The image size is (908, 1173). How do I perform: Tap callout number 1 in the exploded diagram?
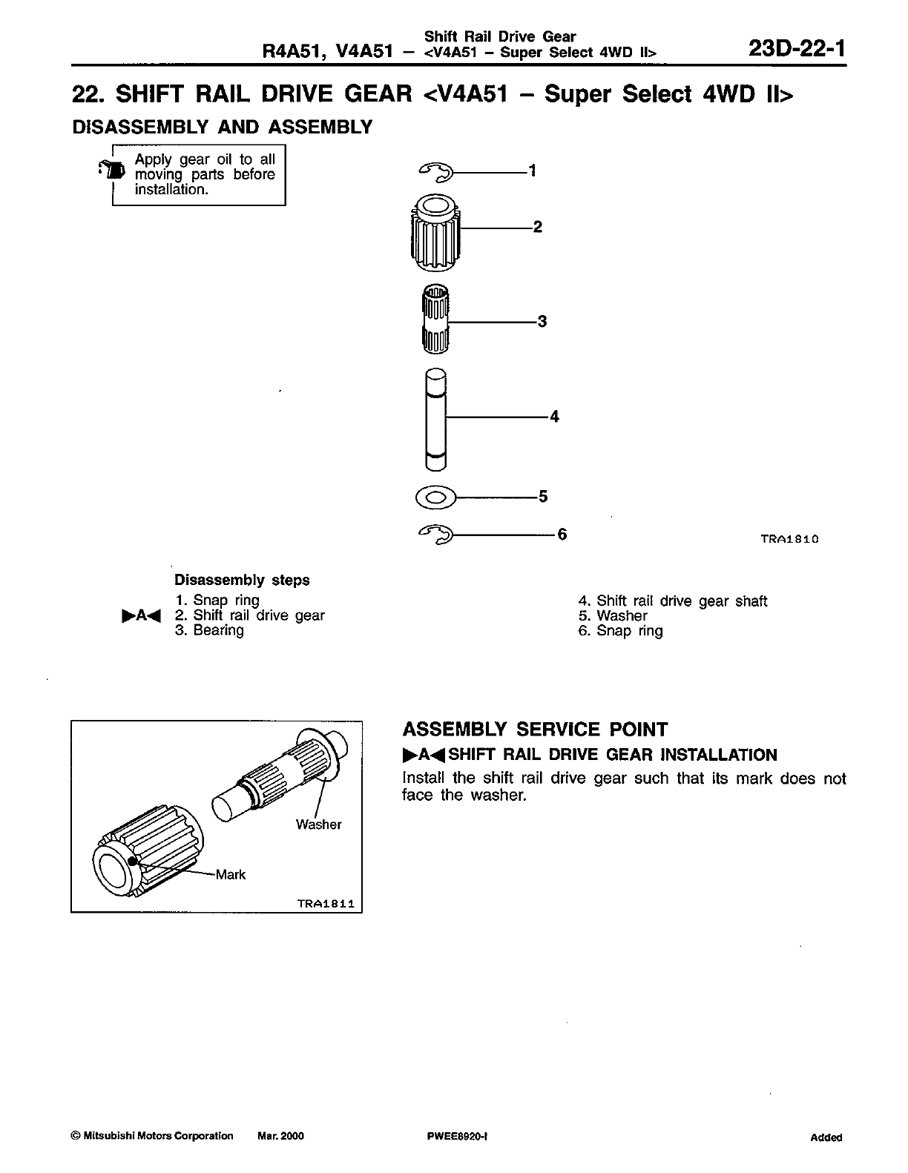tap(532, 171)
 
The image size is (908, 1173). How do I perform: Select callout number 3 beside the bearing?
tap(542, 321)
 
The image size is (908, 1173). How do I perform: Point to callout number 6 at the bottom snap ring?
tap(562, 534)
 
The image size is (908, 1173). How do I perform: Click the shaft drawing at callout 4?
tap(436, 419)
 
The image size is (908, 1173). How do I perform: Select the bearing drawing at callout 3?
tap(435, 319)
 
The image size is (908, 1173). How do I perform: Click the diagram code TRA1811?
tap(325, 904)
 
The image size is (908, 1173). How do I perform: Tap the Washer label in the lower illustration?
tap(318, 825)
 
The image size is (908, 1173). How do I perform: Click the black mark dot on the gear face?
tap(133, 861)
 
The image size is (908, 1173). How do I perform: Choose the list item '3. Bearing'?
tap(209, 630)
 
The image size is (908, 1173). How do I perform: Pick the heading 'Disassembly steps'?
tap(242, 580)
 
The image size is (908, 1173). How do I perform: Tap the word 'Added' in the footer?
tap(826, 1137)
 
